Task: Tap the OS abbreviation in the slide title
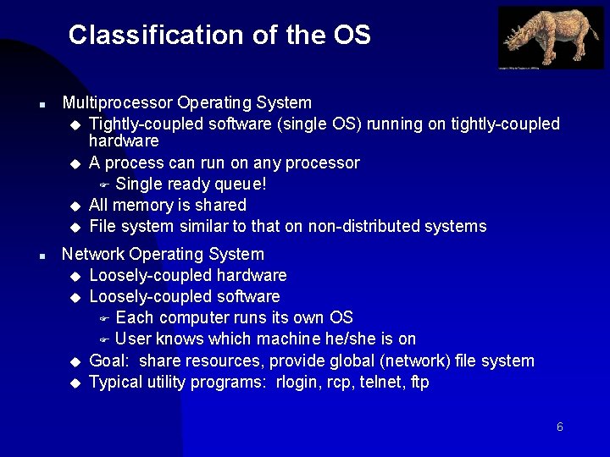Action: tap(352, 35)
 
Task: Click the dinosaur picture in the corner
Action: tap(551, 38)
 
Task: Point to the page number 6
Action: tap(560, 427)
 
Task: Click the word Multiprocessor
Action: tap(118, 103)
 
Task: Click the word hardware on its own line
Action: tap(124, 140)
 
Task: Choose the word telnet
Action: tap(381, 382)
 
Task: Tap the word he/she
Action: tap(347, 339)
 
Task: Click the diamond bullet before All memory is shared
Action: tap(75, 206)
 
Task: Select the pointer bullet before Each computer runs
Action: tap(105, 319)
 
